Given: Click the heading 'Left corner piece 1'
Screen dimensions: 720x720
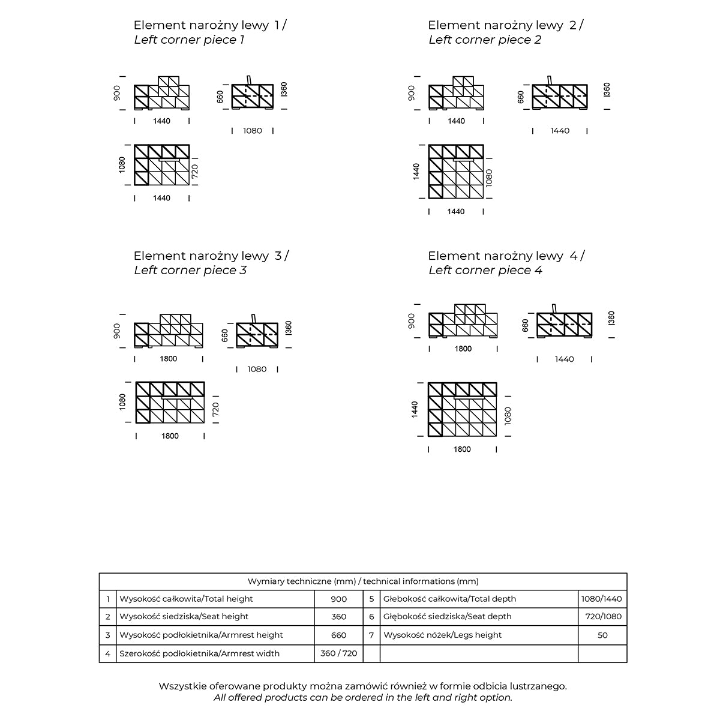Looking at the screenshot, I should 189,40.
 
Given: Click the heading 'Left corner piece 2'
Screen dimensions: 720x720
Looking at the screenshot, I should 484,40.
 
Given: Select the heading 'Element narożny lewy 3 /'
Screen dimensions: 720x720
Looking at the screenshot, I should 211,256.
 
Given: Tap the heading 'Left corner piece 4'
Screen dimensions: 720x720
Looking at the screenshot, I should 485,271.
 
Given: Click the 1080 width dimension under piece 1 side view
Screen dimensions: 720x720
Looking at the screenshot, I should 253,131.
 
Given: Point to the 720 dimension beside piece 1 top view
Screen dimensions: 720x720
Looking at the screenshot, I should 195,172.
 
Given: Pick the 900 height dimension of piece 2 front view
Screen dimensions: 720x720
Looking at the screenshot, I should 411,92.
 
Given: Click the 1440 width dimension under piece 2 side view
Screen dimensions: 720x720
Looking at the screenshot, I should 560,131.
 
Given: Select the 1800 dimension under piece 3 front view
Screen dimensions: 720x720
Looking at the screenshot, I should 169,359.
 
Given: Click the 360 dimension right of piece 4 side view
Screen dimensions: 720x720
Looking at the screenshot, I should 611,318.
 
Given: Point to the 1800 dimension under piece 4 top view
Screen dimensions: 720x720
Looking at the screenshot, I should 462,449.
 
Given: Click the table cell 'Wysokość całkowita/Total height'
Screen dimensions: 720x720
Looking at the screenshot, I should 186,599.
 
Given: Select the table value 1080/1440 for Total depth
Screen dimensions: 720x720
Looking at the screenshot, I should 602,599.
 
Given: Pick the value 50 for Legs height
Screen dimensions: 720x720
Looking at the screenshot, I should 602,635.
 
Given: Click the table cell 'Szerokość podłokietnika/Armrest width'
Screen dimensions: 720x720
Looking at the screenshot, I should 199,653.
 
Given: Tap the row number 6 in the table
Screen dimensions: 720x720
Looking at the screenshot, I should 371,616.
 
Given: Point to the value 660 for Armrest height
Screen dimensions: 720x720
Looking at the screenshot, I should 338,635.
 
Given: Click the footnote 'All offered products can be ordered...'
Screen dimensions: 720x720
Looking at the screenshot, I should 362,698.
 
